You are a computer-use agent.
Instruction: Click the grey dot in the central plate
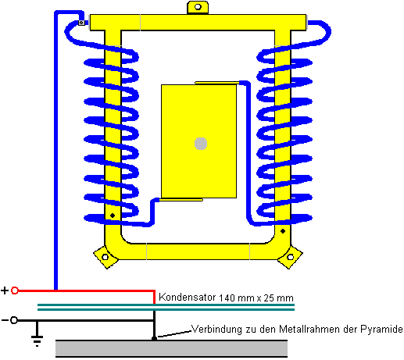point(201,144)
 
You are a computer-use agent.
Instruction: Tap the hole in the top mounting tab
point(198,7)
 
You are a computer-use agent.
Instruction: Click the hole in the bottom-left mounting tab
point(105,257)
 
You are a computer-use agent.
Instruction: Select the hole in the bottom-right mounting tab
point(290,257)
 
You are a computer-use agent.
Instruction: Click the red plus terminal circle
point(15,290)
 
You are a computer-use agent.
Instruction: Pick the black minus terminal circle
point(14,320)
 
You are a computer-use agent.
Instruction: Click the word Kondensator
point(187,297)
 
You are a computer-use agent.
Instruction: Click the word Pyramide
point(381,330)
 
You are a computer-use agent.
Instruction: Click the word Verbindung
point(216,330)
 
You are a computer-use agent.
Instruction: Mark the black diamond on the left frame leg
point(113,216)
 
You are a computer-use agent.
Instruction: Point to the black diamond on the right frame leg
point(283,231)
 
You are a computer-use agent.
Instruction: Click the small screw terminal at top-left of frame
point(81,23)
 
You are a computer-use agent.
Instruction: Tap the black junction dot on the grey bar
point(154,338)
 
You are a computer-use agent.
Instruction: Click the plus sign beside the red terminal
point(5,290)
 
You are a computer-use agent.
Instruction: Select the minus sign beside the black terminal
point(5,320)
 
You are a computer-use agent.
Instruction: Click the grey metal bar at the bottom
point(171,348)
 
